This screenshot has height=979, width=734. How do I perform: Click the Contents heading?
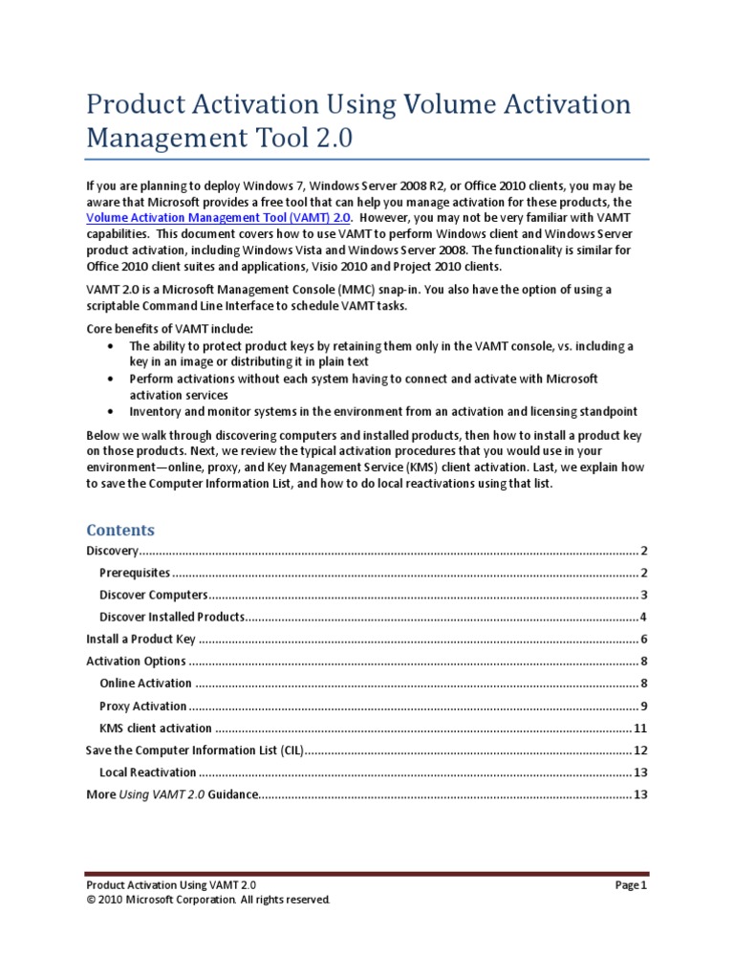(x=120, y=530)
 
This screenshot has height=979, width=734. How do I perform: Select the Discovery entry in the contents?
(x=113, y=551)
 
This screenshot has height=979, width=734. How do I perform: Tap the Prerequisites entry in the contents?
(x=135, y=573)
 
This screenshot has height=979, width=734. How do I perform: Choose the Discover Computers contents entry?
(x=153, y=595)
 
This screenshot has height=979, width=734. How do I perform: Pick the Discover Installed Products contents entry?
(x=172, y=617)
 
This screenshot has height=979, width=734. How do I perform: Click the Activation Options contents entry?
(x=136, y=662)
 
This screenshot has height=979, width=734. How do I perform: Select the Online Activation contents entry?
(x=145, y=684)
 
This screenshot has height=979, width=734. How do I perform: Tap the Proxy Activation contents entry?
(x=143, y=707)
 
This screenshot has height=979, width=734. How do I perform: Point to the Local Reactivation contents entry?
(x=148, y=772)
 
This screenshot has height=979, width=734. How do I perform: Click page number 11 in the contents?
(x=641, y=729)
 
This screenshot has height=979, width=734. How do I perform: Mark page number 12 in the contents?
(x=641, y=751)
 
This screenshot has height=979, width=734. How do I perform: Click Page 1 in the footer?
(x=632, y=885)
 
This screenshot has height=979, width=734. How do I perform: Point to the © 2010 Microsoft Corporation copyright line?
(x=208, y=901)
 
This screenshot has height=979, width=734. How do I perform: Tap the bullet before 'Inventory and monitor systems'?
(x=112, y=412)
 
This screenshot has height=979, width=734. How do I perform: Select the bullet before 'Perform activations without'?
(x=112, y=379)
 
